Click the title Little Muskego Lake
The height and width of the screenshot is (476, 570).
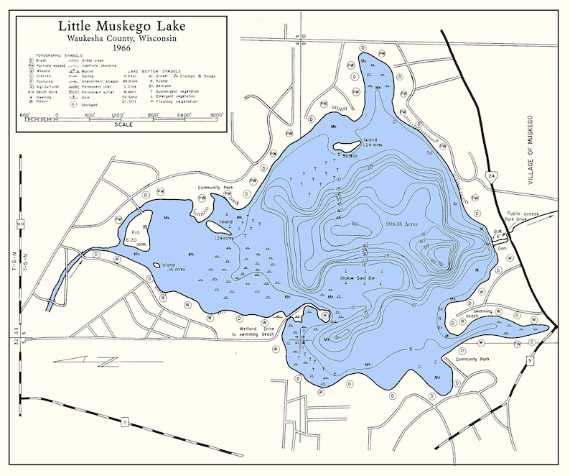pos(121,27)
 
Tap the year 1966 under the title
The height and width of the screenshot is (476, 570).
pos(121,48)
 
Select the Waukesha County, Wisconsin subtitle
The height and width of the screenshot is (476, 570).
pos(121,38)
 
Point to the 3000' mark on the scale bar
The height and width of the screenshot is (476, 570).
pos(216,114)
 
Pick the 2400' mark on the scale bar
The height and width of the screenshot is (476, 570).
pos(184,114)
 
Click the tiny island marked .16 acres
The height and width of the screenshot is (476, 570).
pos(155,265)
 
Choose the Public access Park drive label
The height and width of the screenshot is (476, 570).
pos(523,216)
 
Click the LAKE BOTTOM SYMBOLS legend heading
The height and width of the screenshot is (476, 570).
pos(152,70)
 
